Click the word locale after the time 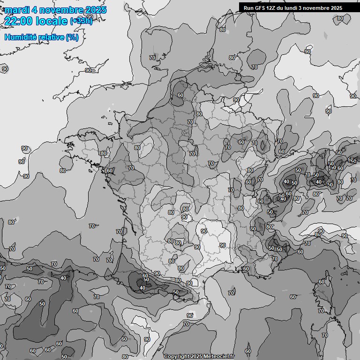[x=52, y=21]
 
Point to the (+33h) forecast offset [x=81, y=21]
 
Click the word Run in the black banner [x=249, y=8]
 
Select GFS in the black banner [x=261, y=8]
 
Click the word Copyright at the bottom [x=176, y=356]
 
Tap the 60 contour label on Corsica [x=321, y=282]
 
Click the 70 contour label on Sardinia [x=321, y=310]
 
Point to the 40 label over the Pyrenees [x=142, y=288]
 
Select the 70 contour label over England [x=152, y=58]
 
